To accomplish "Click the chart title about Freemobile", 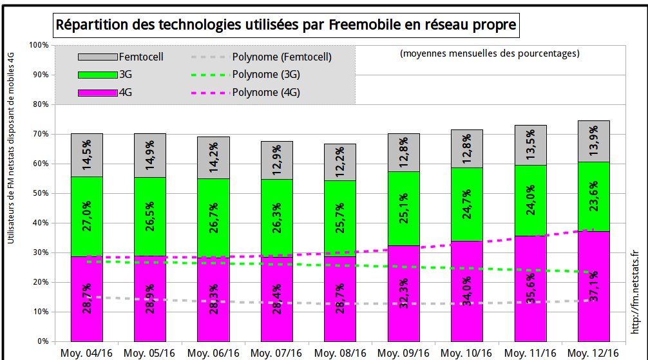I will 286,25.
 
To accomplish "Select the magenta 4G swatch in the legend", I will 97,93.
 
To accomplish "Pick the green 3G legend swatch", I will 97,75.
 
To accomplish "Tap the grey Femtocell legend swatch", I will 97,57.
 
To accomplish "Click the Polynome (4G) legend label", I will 266,93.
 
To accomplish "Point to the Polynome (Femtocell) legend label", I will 281,57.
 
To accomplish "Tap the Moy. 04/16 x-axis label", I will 86,353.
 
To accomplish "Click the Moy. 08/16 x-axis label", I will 339,353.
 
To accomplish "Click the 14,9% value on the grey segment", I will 150,155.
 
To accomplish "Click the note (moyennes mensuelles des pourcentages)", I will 490,53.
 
